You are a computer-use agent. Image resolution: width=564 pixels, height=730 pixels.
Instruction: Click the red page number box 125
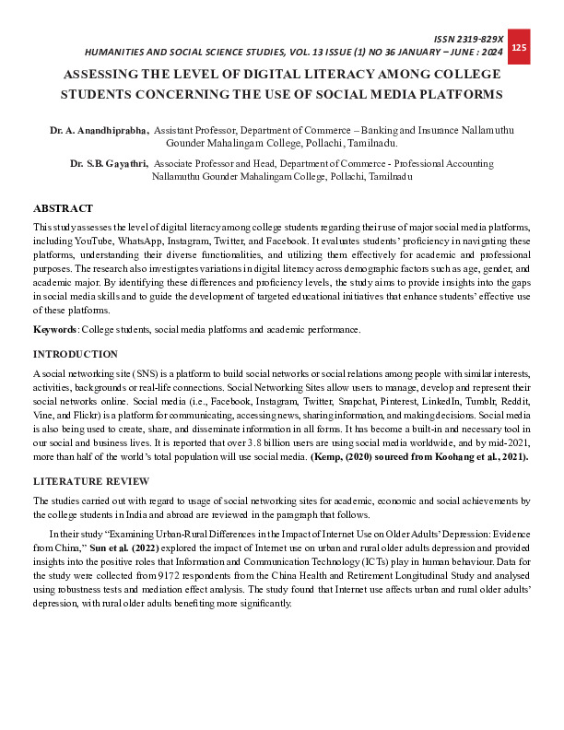[x=518, y=48]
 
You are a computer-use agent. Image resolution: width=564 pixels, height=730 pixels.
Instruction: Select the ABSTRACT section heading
[x=63, y=209]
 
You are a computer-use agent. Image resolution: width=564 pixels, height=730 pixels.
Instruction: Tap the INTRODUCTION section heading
[x=75, y=355]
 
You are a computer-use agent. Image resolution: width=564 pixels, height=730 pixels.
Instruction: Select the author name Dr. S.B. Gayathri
[x=109, y=163]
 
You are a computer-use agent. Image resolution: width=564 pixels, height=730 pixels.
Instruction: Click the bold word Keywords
[x=54, y=330]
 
